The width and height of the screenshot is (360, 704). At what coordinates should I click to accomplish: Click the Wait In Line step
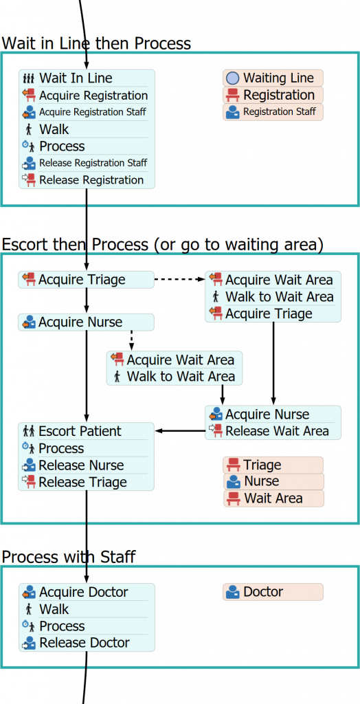tap(76, 78)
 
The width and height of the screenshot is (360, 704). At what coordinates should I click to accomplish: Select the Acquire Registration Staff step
tap(92, 112)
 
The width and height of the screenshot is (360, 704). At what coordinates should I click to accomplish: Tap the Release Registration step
tap(91, 180)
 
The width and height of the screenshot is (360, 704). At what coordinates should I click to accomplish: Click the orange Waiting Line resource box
tap(273, 78)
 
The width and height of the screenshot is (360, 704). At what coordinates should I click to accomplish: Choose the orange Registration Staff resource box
tap(273, 112)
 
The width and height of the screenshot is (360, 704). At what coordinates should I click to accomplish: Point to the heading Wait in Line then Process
tap(96, 43)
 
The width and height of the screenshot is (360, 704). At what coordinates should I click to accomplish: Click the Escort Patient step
tap(80, 431)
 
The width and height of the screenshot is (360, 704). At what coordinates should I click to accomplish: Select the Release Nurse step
tap(81, 465)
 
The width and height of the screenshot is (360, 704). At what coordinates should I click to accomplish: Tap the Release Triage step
tap(82, 483)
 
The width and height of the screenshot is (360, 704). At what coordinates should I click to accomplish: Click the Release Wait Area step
tap(277, 431)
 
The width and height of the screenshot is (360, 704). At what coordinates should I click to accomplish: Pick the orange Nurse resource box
tap(273, 481)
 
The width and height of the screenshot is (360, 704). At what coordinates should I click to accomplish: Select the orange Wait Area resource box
tap(273, 498)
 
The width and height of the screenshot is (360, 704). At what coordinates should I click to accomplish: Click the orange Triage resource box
tap(273, 465)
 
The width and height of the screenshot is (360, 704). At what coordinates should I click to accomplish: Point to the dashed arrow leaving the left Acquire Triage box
tap(179, 279)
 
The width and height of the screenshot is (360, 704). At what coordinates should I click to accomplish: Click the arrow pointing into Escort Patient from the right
tap(179, 431)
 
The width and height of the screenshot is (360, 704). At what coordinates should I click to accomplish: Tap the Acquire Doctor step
tap(83, 592)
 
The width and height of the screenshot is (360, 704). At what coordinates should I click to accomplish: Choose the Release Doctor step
tap(84, 643)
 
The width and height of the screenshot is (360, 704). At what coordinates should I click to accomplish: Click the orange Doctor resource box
tap(273, 592)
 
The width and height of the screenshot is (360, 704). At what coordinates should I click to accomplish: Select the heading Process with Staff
tap(69, 557)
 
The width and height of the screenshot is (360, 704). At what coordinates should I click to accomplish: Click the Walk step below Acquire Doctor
tap(54, 609)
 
